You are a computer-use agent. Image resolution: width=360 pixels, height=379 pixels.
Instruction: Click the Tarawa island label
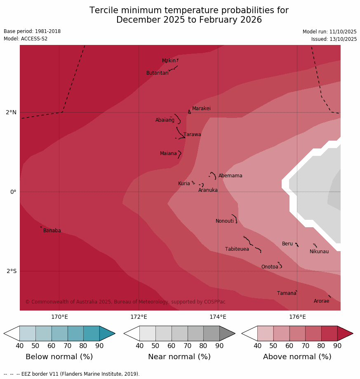[x=192, y=134]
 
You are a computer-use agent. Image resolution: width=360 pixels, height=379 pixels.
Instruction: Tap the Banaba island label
[x=52, y=231]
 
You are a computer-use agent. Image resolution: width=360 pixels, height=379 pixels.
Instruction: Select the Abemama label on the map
[x=230, y=176]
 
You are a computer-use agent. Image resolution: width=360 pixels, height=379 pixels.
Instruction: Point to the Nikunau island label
[x=319, y=252]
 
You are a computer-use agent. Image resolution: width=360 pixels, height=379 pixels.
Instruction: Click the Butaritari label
[x=157, y=73]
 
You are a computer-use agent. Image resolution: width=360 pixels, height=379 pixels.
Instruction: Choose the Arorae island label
[x=321, y=301]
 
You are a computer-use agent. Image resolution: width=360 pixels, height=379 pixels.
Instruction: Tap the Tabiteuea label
[x=237, y=249]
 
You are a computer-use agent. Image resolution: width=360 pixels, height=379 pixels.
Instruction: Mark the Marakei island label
[x=201, y=108]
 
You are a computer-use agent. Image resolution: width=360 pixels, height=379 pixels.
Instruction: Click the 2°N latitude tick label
[x=11, y=112]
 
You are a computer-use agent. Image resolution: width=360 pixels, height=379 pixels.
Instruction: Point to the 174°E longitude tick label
[x=218, y=317]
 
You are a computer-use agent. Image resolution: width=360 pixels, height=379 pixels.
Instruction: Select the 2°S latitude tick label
[x=12, y=271]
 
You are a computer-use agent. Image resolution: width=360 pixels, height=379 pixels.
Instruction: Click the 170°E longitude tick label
[x=59, y=317]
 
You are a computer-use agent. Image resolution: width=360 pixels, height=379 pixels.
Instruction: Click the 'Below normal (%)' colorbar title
[x=59, y=357]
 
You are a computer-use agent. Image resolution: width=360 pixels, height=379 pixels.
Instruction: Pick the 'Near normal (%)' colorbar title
[x=179, y=357]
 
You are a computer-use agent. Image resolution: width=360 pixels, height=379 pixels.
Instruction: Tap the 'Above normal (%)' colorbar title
[x=297, y=357]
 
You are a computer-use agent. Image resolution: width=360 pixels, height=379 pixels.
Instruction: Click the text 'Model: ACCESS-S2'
[x=26, y=39]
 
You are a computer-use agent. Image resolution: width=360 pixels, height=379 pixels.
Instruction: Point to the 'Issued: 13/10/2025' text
[x=334, y=39]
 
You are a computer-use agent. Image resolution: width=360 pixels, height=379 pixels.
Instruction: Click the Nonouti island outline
[x=235, y=218]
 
